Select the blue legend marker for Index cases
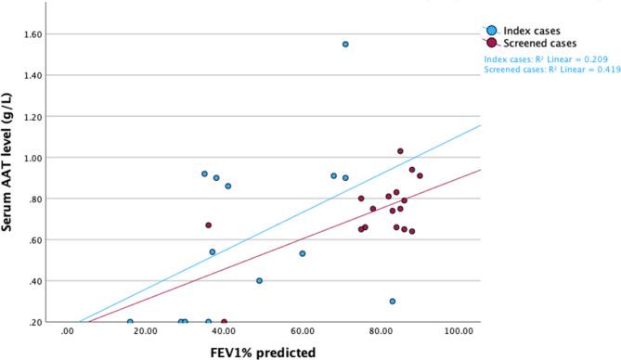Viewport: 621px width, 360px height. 491,29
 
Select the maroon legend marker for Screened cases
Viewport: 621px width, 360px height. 491,43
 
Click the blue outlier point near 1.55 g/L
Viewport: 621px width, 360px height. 345,44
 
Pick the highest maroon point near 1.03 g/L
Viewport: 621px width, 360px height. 400,151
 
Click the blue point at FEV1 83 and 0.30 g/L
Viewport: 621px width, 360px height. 393,302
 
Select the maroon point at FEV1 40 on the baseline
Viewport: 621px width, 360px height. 224,322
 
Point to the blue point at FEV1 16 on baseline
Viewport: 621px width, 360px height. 130,322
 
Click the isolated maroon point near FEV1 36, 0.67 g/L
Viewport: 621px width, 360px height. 209,225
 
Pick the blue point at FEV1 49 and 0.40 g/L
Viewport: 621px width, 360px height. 259,280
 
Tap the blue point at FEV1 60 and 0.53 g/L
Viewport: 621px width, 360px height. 303,253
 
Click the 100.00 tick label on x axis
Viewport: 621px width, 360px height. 460,331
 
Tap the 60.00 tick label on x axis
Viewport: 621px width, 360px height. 303,331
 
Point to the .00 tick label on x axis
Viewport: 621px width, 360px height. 67,331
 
